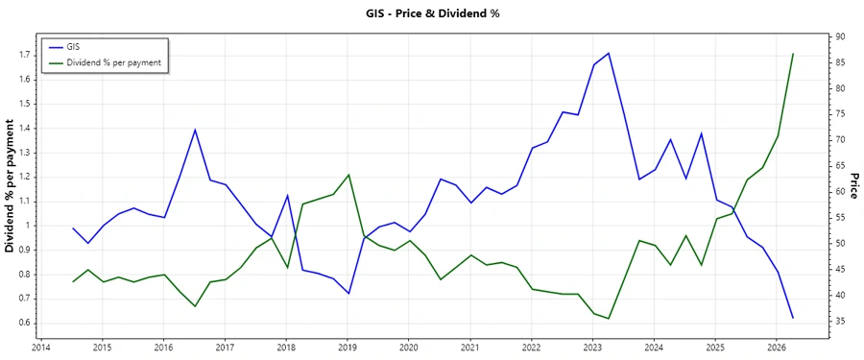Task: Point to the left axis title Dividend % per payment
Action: point(11,186)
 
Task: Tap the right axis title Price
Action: point(853,186)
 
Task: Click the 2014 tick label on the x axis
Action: point(41,348)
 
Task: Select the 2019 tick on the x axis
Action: point(348,348)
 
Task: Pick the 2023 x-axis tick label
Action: point(592,348)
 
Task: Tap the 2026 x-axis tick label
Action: point(777,348)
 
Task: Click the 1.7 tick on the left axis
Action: point(24,55)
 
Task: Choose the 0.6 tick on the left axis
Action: point(24,323)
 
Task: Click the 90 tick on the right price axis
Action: point(839,36)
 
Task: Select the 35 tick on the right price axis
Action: point(839,322)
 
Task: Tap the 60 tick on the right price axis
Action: point(839,192)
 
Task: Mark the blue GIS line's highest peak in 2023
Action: point(609,53)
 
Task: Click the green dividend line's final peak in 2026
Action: point(793,54)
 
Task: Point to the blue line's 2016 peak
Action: point(195,130)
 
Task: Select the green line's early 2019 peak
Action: point(348,175)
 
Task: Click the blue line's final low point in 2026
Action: point(793,318)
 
